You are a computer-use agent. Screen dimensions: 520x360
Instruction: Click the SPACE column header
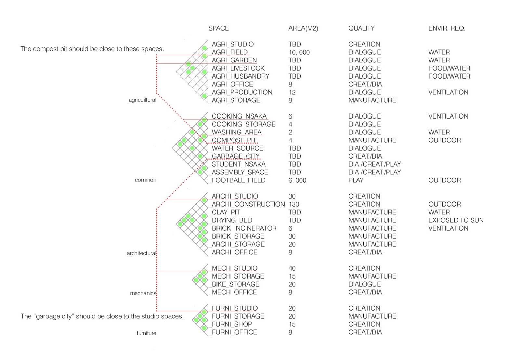(x=218, y=28)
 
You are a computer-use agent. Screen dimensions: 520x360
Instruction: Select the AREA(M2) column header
(x=303, y=28)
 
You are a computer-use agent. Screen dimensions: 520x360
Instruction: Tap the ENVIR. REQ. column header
(x=447, y=28)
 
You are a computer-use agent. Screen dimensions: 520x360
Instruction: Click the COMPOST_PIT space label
(x=234, y=140)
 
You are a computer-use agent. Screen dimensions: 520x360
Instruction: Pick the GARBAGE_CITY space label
(x=236, y=156)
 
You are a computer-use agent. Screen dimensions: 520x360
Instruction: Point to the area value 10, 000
(x=299, y=52)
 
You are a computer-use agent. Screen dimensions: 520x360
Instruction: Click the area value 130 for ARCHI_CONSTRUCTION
(x=294, y=204)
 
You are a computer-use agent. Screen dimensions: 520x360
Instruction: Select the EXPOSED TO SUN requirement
(x=456, y=220)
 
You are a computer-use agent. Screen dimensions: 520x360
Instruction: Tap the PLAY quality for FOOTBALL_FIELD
(x=356, y=180)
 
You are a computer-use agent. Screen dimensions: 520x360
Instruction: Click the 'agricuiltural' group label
(x=142, y=100)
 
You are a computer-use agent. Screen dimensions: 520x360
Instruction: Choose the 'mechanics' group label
(x=143, y=293)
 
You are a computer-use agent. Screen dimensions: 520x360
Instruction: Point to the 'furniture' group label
(x=146, y=333)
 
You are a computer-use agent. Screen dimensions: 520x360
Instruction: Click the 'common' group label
(x=145, y=180)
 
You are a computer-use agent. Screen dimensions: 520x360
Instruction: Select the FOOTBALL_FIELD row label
(x=239, y=180)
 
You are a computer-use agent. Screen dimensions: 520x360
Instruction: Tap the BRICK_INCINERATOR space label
(x=244, y=228)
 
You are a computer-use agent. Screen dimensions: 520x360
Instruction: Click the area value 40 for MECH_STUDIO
(x=292, y=268)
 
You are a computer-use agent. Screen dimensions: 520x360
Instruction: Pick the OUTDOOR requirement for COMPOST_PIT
(x=444, y=140)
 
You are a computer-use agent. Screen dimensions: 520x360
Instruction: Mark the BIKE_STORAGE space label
(x=235, y=284)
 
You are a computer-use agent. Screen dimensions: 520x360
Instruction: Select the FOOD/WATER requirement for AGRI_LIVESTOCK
(x=449, y=68)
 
